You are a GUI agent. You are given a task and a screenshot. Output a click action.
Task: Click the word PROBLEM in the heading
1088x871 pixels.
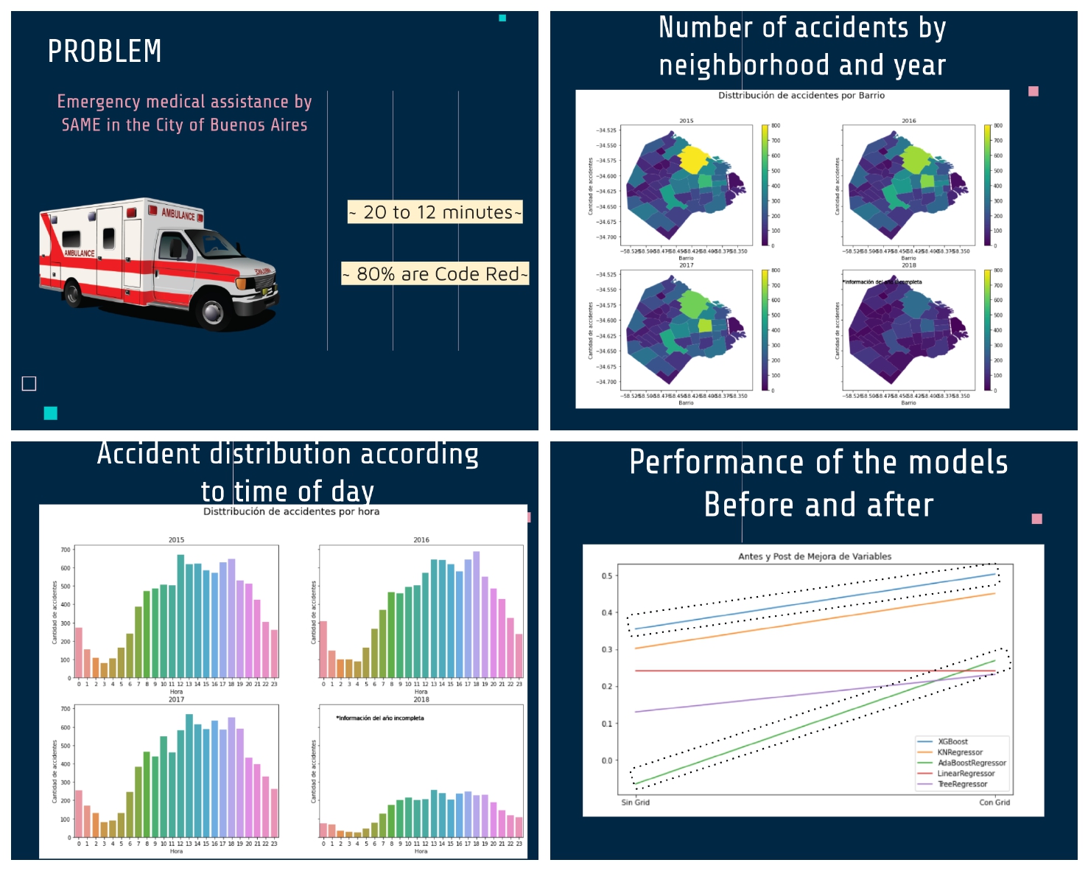coord(105,52)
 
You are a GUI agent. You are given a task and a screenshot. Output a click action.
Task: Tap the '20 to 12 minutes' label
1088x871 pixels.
coord(435,212)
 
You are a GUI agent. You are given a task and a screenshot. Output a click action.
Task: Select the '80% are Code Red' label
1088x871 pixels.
coord(435,274)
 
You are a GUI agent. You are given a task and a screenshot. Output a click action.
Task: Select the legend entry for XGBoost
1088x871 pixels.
coord(952,742)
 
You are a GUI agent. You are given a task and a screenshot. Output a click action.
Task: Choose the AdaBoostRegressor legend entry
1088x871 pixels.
coord(971,763)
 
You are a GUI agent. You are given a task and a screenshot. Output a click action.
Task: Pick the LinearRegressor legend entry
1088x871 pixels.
coord(965,774)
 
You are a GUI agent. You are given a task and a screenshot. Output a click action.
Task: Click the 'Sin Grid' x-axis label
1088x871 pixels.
coord(635,802)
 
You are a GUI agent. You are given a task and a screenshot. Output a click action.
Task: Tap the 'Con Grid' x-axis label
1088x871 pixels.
coord(994,802)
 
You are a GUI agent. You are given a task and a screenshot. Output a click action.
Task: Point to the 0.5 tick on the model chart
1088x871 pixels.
coord(606,576)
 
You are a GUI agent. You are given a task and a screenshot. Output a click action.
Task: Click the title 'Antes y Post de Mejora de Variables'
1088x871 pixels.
coord(815,556)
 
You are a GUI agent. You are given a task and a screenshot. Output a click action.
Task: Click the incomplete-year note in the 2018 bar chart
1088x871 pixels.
coord(380,718)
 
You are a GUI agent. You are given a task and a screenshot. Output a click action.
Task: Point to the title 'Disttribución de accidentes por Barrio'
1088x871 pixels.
coord(801,96)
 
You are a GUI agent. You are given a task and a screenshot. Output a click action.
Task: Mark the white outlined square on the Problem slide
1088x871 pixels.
coord(29,383)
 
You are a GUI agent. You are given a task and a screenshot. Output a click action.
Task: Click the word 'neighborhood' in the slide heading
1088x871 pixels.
coord(745,66)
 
